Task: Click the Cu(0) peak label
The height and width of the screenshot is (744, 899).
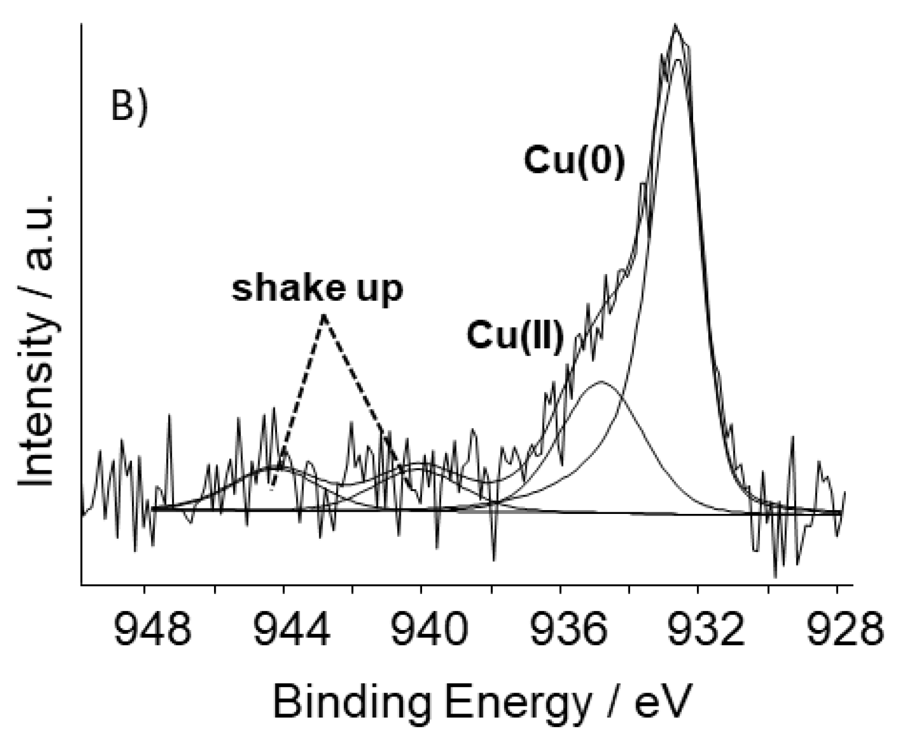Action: tap(574, 161)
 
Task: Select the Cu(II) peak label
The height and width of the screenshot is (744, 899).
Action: tap(515, 336)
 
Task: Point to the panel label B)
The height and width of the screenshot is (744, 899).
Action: tap(129, 106)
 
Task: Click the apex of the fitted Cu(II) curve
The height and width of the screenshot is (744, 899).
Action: tap(601, 382)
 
